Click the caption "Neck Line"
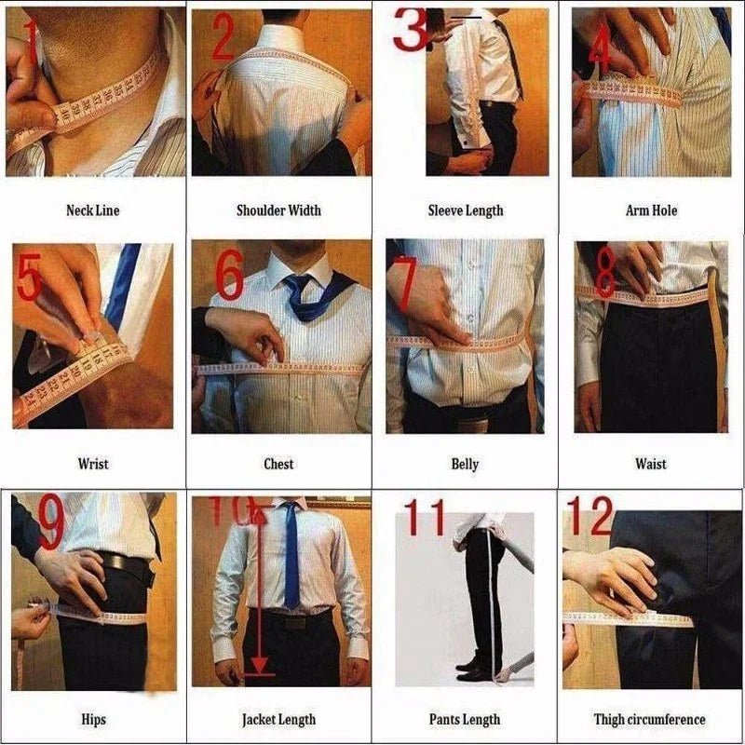click(92, 210)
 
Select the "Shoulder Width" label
click(278, 210)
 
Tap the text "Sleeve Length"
click(465, 210)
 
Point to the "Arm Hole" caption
click(651, 210)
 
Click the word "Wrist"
click(92, 464)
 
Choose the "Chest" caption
click(278, 464)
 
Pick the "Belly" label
click(465, 464)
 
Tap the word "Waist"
click(651, 464)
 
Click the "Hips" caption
click(92, 719)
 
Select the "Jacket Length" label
click(278, 719)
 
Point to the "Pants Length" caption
click(465, 719)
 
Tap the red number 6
click(230, 276)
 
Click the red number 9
click(50, 523)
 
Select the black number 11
click(425, 520)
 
